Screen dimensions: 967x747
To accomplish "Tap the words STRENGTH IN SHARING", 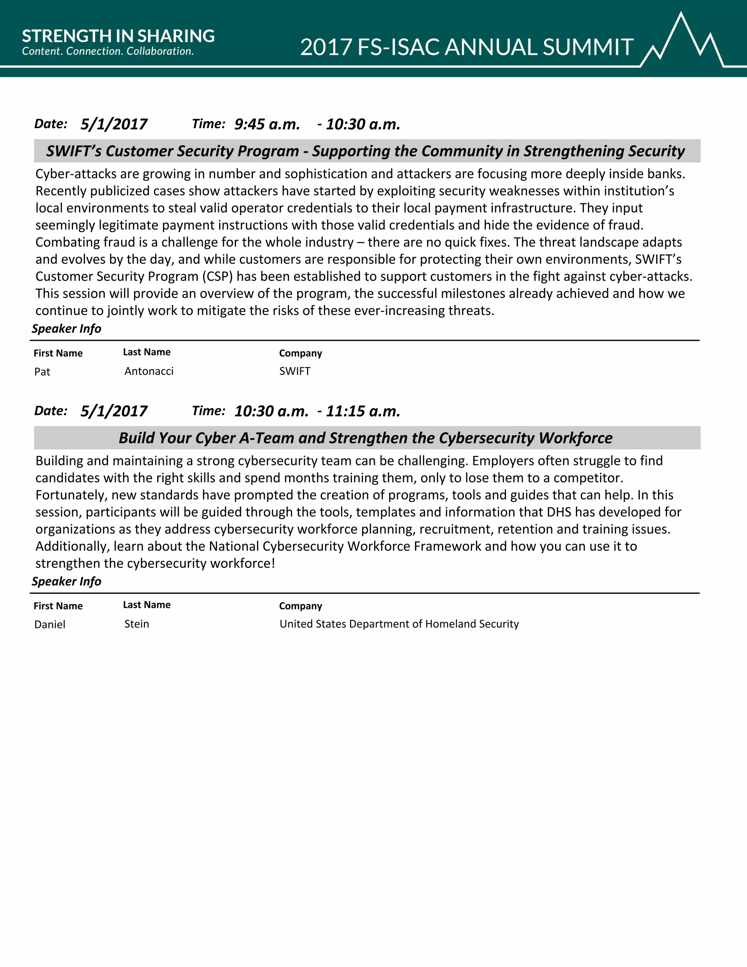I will click(x=118, y=36).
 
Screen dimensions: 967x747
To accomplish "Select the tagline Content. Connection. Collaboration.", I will click(x=108, y=51).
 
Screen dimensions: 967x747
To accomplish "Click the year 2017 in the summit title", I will click(x=326, y=47).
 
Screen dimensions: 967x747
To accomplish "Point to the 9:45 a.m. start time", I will click(x=267, y=124).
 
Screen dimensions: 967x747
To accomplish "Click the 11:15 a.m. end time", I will click(x=363, y=411).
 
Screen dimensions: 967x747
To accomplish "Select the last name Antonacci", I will click(x=149, y=371).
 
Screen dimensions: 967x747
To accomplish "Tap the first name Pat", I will click(x=42, y=371).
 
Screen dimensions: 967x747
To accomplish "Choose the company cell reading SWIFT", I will click(x=295, y=371).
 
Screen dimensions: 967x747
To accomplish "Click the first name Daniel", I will click(x=50, y=624).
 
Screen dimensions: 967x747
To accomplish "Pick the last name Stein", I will click(x=136, y=624).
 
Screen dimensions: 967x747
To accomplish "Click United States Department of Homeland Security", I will click(x=399, y=624).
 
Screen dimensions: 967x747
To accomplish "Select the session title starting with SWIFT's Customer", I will click(x=365, y=151).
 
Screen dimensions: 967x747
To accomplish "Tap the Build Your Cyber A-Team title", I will click(x=365, y=438).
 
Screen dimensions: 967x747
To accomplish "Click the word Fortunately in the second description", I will click(x=71, y=495).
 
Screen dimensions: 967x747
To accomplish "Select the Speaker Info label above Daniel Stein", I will click(x=66, y=581).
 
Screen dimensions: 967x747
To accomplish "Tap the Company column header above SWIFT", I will click(x=301, y=353).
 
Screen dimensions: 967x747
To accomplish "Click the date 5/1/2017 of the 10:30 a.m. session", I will click(x=114, y=411).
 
